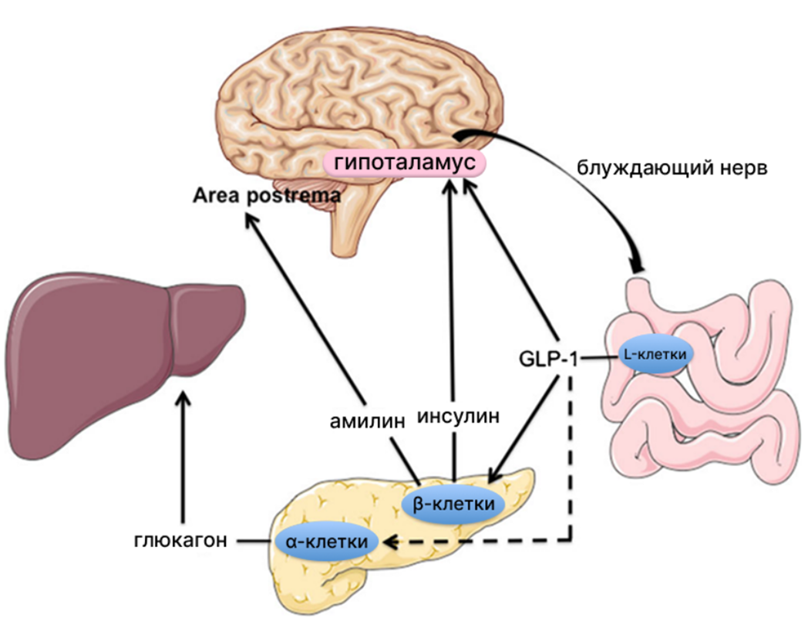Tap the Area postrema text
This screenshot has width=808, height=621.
[x=266, y=196]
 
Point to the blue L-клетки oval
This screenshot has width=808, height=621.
[x=656, y=353]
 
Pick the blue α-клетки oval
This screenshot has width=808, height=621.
[x=327, y=542]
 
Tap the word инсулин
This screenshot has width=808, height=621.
[x=459, y=417]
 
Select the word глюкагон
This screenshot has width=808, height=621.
[x=179, y=540]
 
